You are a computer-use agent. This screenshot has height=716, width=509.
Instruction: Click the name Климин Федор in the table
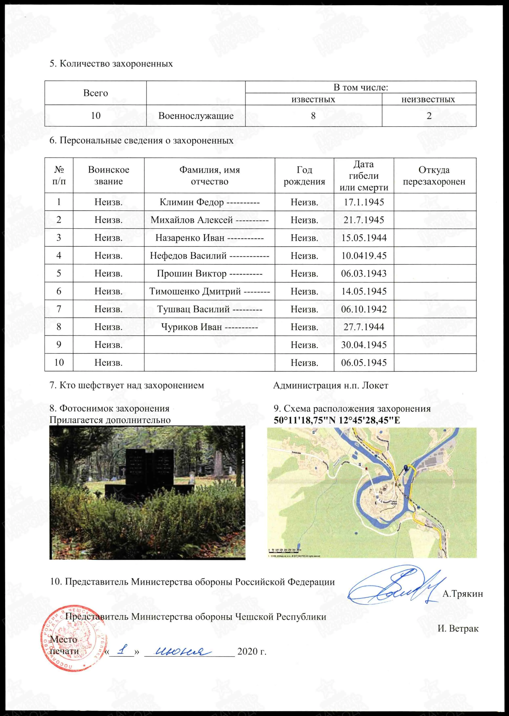pos(192,202)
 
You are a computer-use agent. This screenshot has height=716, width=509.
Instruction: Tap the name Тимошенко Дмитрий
pos(195,291)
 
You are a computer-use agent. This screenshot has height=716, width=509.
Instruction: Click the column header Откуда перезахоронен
pos(434,175)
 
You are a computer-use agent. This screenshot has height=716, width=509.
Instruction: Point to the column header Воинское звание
pos(108,175)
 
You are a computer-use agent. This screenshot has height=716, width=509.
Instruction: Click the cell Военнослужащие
pos(196,116)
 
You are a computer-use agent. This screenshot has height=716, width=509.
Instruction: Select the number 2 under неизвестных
pos(429,116)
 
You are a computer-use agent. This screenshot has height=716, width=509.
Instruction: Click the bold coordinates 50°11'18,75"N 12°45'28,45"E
pos(337,420)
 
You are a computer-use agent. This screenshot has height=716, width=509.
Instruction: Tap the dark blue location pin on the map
pos(406,468)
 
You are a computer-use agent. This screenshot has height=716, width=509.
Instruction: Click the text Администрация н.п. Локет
pos(330,386)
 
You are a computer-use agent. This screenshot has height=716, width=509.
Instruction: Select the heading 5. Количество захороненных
pos(111,64)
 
